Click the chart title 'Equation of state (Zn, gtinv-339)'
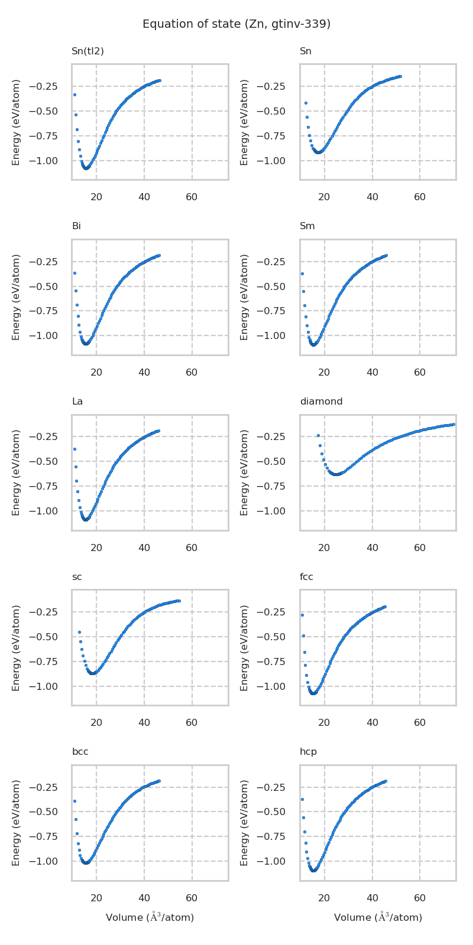237,24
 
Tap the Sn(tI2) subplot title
88,51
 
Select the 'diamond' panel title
321,402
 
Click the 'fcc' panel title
306,577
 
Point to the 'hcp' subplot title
308,752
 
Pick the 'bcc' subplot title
80,752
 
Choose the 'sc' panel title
77,577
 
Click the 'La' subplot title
77,402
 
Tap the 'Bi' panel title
76,227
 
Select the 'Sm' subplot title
307,227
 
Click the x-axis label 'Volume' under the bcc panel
150,917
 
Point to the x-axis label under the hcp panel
378,917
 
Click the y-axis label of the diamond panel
244,472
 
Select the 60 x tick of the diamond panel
420,548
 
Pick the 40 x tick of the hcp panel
372,898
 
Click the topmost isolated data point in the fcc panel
302,615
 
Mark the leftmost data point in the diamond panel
318,435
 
